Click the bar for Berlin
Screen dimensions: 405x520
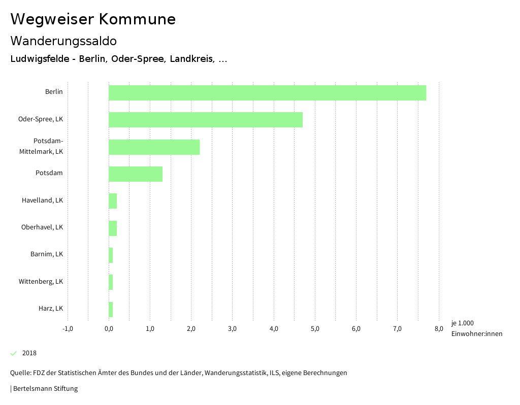click(267, 93)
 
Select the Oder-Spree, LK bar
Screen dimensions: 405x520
click(206, 120)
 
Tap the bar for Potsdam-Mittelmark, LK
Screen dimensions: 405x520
click(154, 147)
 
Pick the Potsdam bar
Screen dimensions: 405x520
click(136, 174)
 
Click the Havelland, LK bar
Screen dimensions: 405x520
click(113, 201)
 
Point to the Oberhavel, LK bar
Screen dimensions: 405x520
click(113, 228)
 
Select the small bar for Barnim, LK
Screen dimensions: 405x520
click(111, 255)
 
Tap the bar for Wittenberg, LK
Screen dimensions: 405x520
click(111, 282)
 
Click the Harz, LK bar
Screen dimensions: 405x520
click(111, 310)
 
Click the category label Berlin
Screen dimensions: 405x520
click(54, 91)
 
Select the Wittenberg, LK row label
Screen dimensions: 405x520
click(41, 281)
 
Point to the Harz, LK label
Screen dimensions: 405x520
click(51, 308)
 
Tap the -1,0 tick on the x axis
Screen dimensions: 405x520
click(68, 329)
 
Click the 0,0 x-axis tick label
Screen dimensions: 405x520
click(109, 329)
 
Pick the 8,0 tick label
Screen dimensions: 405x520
click(439, 329)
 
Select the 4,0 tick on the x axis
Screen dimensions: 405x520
click(274, 329)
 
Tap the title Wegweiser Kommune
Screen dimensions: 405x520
click(93, 19)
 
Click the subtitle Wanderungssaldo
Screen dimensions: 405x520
click(63, 41)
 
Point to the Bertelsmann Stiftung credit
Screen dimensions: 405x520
click(45, 389)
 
